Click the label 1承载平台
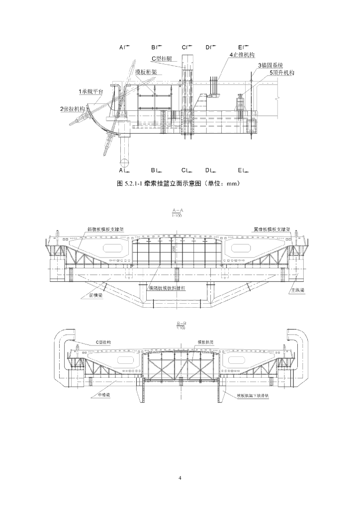click(90, 91)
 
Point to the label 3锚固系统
click(270, 65)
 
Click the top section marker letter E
click(240, 48)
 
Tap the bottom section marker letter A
click(121, 170)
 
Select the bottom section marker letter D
click(208, 170)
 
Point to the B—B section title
click(180, 324)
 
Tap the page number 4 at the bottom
click(180, 478)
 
